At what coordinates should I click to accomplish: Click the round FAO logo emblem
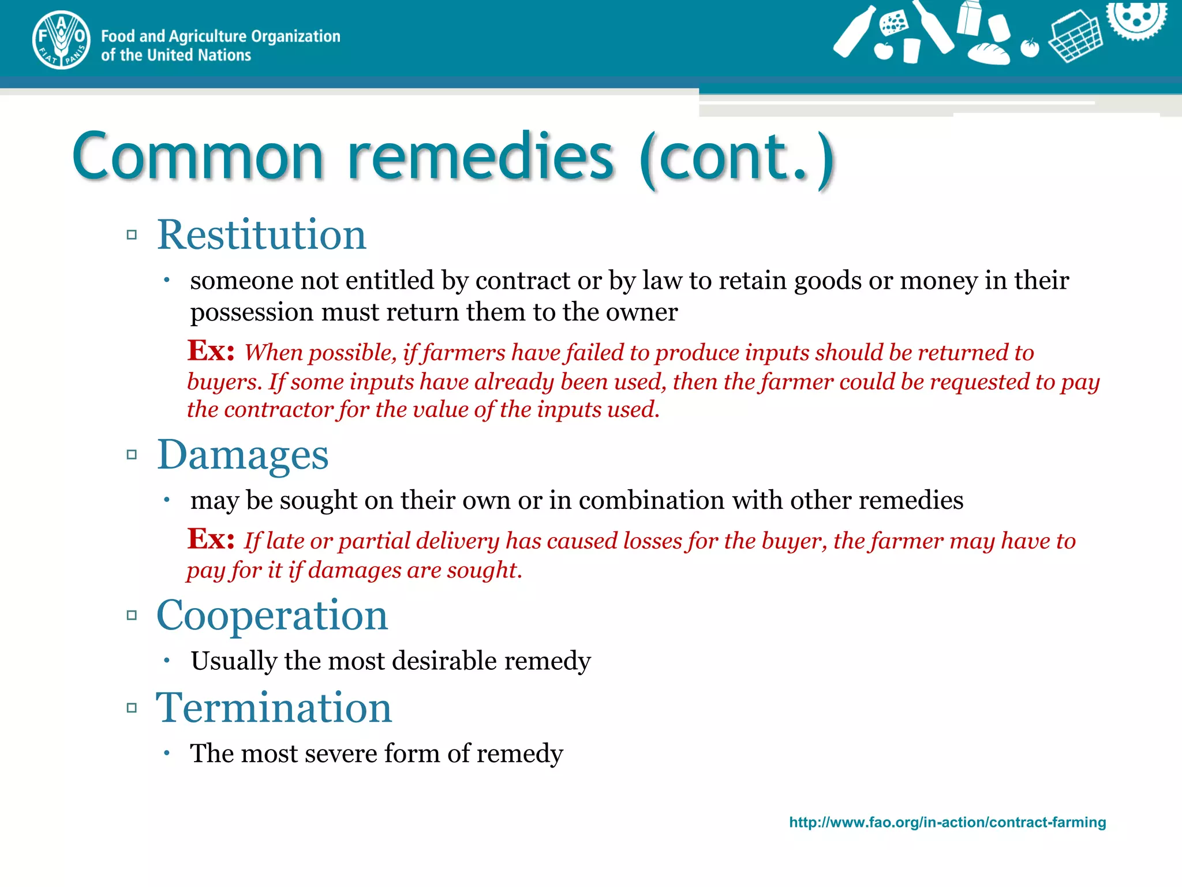[x=61, y=40]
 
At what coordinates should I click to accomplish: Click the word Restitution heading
[x=261, y=235]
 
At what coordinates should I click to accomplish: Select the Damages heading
[x=242, y=455]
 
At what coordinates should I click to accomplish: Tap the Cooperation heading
[x=272, y=616]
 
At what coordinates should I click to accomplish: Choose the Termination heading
[x=274, y=708]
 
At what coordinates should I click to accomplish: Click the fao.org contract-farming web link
[x=947, y=822]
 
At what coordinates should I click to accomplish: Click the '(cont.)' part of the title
[x=737, y=159]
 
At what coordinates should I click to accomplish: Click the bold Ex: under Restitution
[x=211, y=351]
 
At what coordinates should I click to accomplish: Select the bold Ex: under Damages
[x=211, y=539]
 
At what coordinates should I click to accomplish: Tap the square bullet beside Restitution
[x=132, y=235]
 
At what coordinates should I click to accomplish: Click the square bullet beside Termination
[x=132, y=708]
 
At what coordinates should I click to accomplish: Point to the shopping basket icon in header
[x=1075, y=36]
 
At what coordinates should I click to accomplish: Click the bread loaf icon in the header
[x=988, y=53]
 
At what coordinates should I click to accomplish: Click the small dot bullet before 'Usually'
[x=166, y=660]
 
